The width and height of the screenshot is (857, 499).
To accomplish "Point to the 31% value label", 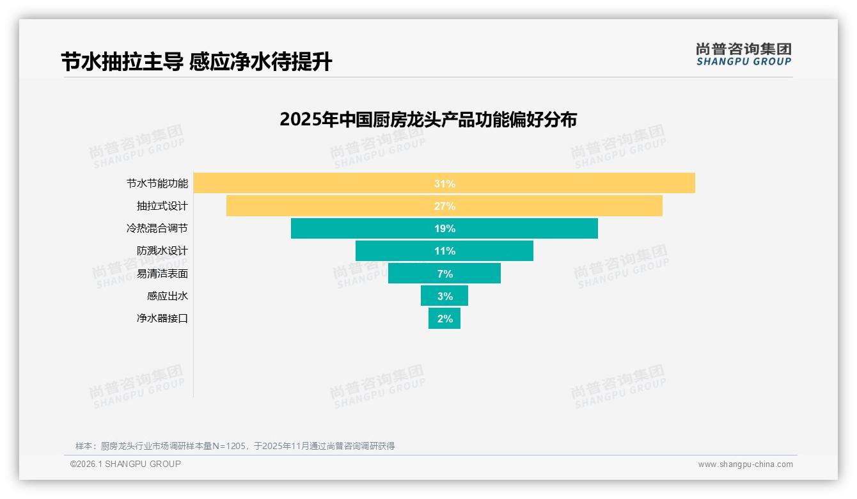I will tap(444, 184).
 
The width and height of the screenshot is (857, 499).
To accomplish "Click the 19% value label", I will tap(444, 228).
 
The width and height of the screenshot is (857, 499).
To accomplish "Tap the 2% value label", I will tap(444, 319).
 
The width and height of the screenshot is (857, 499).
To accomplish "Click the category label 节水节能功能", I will tap(157, 184).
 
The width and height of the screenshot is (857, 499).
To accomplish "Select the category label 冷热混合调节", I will tap(157, 228).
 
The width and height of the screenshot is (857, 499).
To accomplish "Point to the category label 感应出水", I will tap(168, 296).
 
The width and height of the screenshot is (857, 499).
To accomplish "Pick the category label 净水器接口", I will tap(162, 318).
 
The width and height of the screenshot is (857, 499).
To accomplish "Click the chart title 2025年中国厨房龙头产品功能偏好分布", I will tap(428, 120).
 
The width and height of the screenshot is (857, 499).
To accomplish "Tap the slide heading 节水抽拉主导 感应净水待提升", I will tap(196, 62).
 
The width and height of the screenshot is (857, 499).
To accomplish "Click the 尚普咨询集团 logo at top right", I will tap(743, 54).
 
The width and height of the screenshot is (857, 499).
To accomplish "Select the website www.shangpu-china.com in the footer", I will tap(745, 464).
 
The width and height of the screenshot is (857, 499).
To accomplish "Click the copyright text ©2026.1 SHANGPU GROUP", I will tap(125, 464).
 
